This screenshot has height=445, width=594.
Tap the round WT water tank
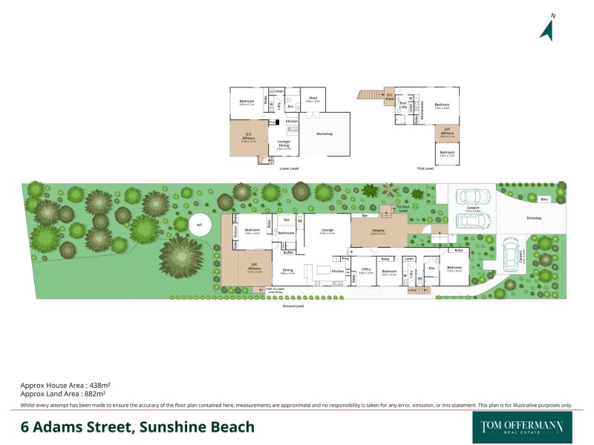click(199, 225)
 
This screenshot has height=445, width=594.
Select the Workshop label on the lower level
click(324, 134)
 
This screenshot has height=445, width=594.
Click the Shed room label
click(313, 98)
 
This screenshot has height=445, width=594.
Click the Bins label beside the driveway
click(544, 200)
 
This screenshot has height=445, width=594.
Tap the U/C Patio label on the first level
click(390, 96)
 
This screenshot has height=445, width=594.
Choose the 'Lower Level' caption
click(289, 168)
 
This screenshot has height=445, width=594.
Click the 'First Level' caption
click(425, 168)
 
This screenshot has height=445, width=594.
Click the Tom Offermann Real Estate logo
click(518, 427)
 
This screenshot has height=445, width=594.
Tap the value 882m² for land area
click(98, 395)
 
